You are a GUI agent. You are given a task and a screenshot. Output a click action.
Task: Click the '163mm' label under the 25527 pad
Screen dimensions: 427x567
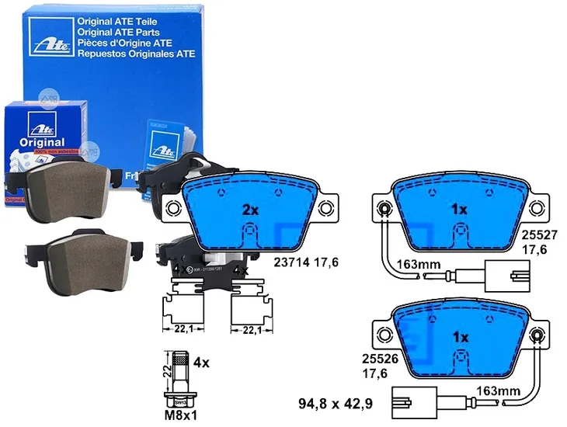pyautogui.click(x=419, y=264)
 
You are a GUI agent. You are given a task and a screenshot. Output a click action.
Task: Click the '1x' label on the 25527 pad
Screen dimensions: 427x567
pyautogui.click(x=458, y=210)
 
